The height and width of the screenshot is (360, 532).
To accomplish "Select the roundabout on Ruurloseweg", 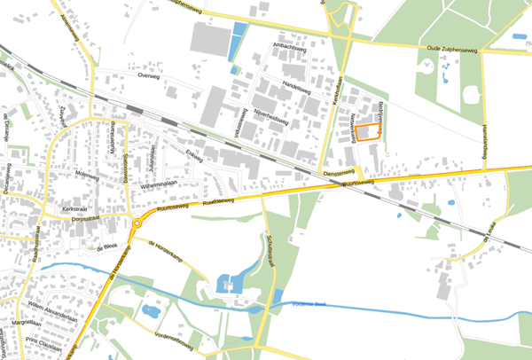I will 137,225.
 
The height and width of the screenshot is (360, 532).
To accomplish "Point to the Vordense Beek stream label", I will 309,306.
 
